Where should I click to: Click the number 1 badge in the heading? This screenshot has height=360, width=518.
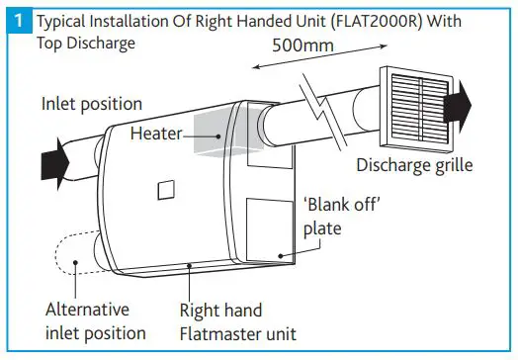tap(19, 20)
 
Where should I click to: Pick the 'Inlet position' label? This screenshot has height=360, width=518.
tap(91, 103)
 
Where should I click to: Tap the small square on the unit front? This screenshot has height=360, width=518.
tap(167, 187)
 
